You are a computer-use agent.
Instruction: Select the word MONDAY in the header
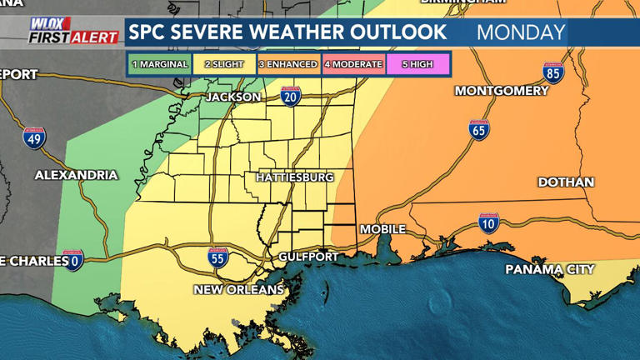[521, 33]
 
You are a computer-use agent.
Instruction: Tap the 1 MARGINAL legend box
[158, 64]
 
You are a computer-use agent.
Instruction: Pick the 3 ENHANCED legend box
[287, 64]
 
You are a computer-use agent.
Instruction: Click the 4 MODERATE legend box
[352, 64]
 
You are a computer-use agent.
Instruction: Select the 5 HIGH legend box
[417, 64]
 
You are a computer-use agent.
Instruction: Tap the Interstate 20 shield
[291, 97]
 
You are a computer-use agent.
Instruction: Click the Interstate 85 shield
[553, 73]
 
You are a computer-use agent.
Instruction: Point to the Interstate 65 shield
[478, 130]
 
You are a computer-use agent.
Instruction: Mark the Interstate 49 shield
[34, 138]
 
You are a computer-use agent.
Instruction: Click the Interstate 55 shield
[218, 258]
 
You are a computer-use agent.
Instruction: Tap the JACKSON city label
[233, 97]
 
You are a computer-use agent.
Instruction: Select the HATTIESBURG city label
[294, 177]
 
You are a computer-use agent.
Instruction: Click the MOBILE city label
[382, 229]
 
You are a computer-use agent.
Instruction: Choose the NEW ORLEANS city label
[238, 290]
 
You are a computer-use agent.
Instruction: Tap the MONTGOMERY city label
[502, 90]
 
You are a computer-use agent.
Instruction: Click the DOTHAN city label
[566, 182]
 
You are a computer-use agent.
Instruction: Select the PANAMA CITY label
[550, 269]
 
